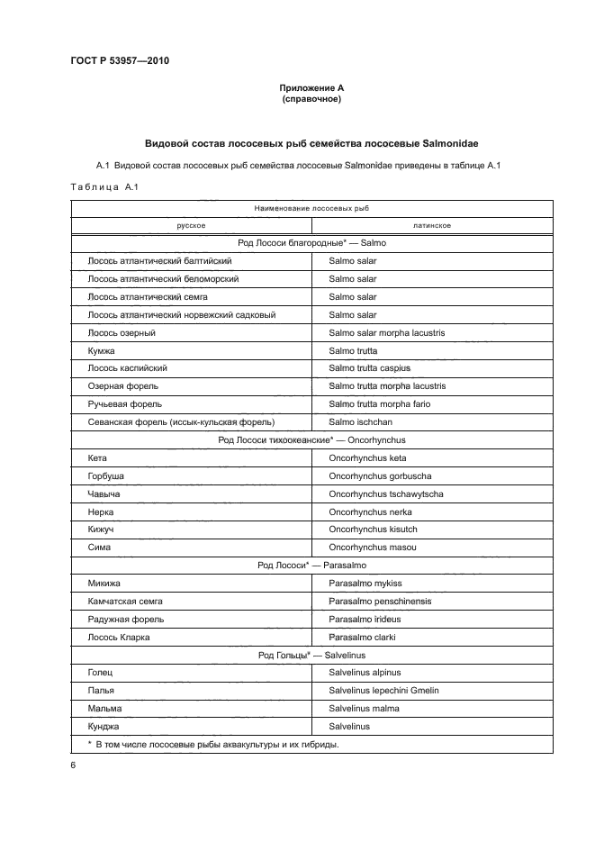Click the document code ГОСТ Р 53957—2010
(x=120, y=61)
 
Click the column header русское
(x=191, y=225)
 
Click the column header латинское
(x=432, y=225)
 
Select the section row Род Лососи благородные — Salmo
(x=311, y=242)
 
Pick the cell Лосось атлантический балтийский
(x=159, y=260)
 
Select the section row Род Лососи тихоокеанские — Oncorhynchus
(x=311, y=439)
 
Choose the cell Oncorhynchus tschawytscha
(x=385, y=493)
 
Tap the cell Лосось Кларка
(x=119, y=637)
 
